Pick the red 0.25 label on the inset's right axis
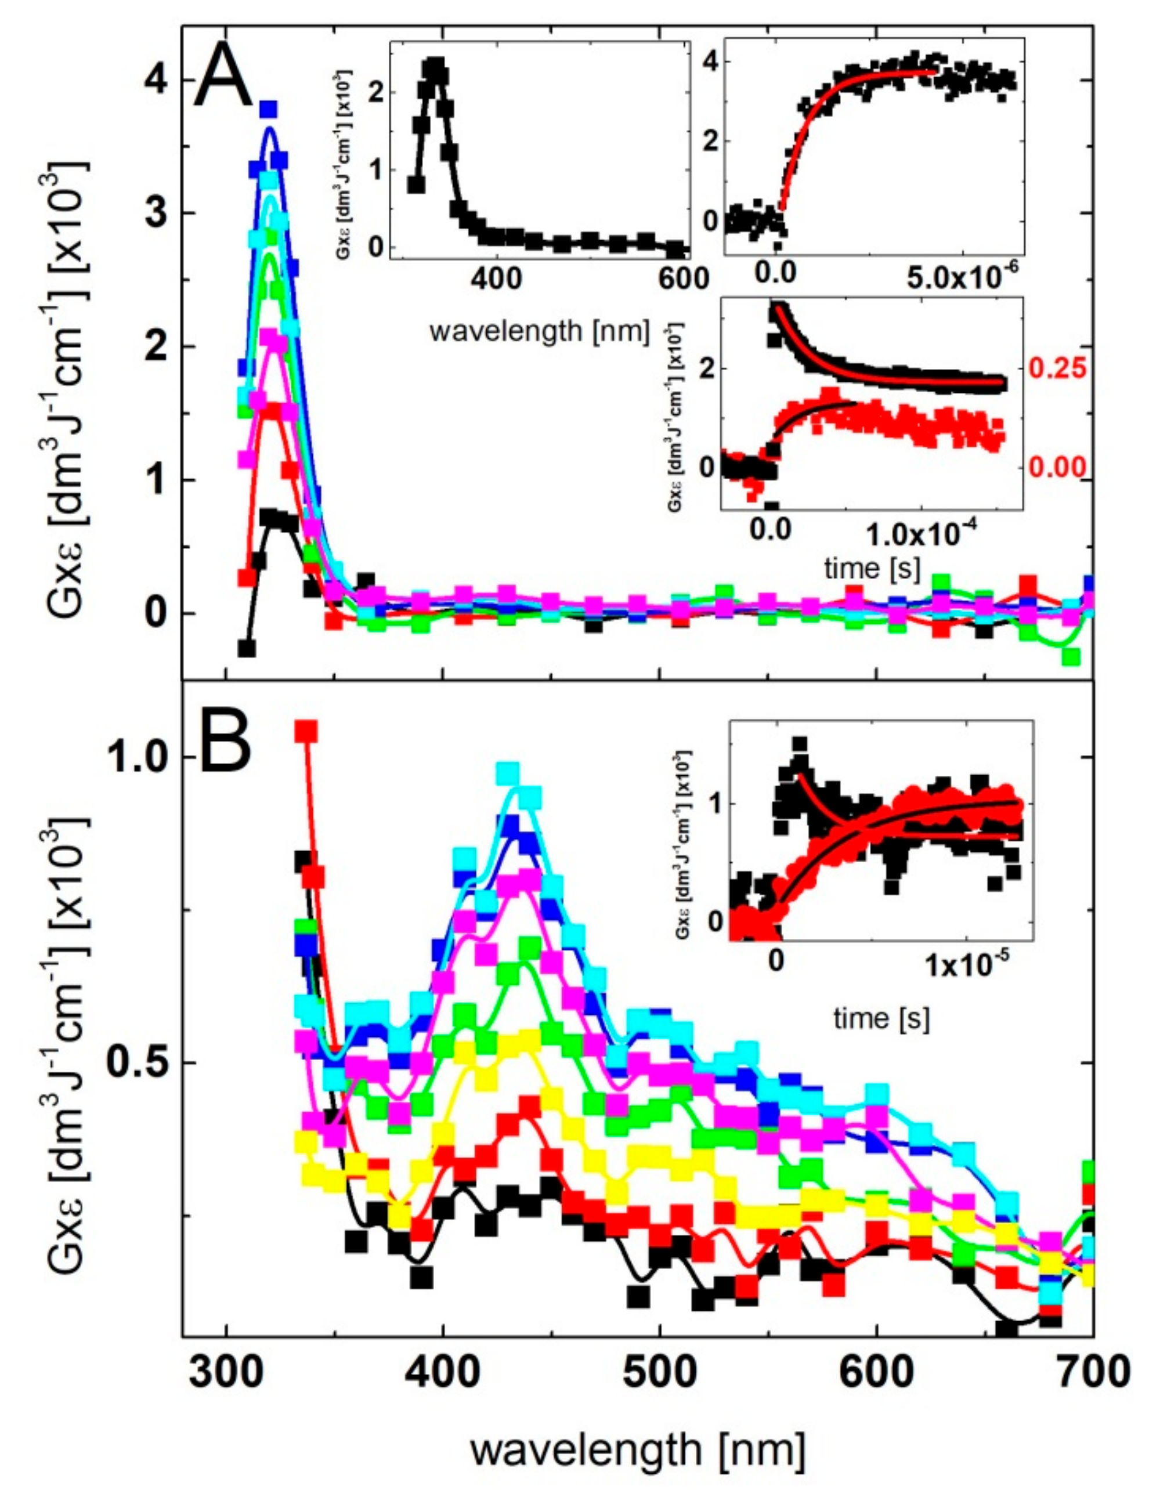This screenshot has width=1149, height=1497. [1057, 368]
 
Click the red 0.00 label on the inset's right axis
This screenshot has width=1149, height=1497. [1057, 468]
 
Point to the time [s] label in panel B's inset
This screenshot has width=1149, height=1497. [881, 1018]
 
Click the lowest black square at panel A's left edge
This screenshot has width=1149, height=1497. [246, 648]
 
